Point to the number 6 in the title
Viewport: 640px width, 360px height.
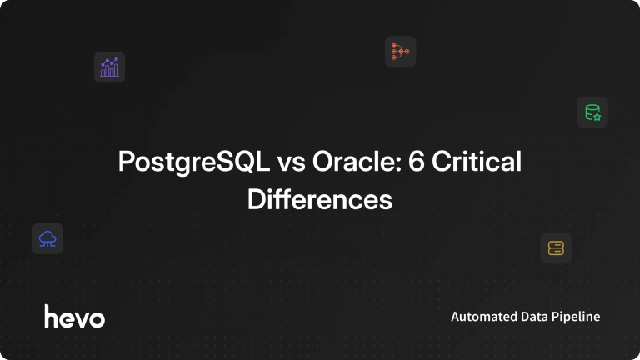[417, 161]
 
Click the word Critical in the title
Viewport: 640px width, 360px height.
[477, 161]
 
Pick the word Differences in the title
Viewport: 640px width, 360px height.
[320, 199]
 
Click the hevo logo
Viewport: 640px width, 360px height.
[75, 317]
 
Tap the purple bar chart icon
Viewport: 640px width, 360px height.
[109, 67]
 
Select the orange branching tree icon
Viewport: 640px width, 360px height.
[400, 52]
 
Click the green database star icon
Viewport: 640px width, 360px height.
[592, 112]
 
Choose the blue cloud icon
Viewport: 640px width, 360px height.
[47, 239]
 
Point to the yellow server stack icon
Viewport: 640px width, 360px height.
[556, 248]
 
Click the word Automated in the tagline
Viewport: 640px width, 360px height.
[478, 317]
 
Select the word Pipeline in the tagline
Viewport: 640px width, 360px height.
[576, 317]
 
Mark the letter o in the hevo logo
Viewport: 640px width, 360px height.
[97, 319]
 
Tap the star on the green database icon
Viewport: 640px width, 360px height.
[597, 117]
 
